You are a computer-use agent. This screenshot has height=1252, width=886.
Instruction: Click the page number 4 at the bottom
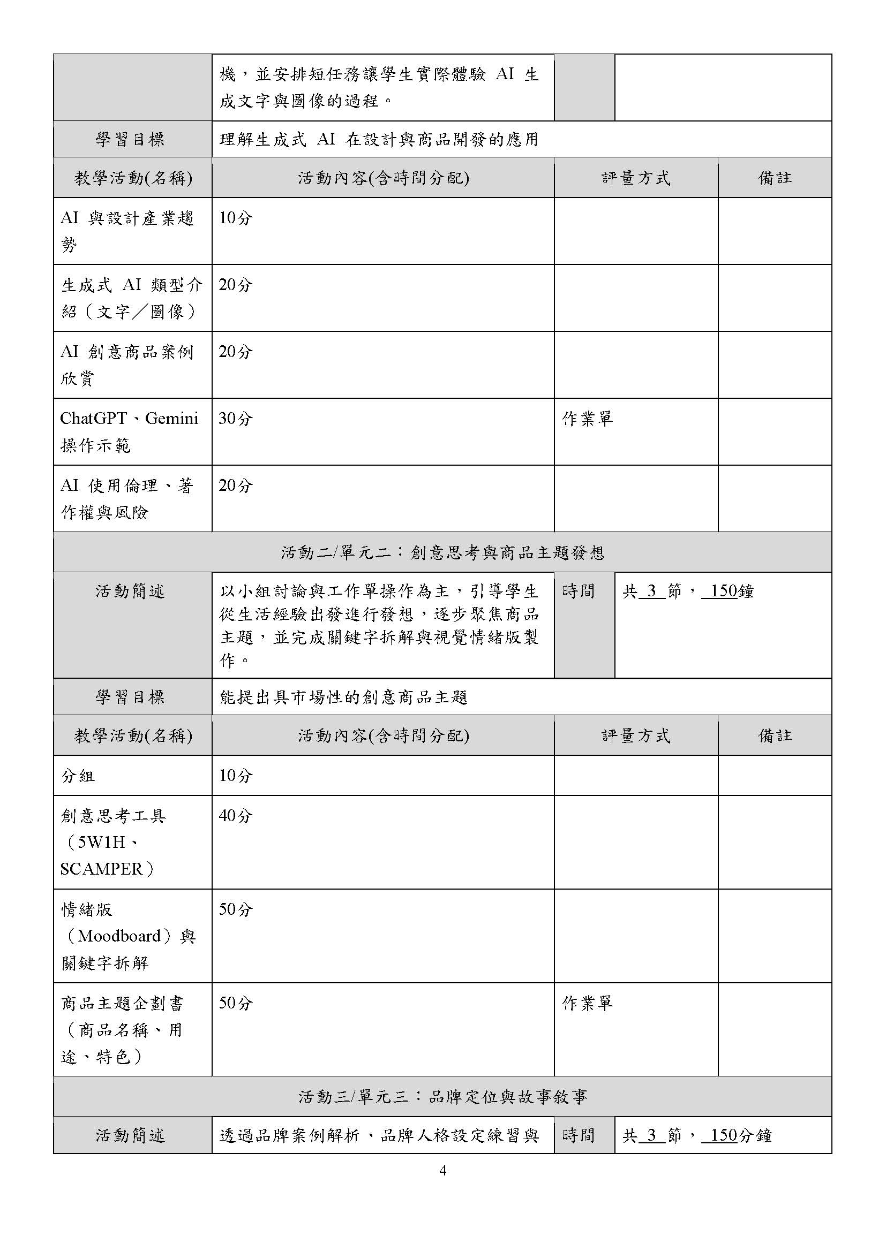442,1171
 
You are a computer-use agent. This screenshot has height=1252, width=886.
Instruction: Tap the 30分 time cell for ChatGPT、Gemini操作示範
236,419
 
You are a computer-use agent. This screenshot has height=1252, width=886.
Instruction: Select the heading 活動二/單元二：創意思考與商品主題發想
442,553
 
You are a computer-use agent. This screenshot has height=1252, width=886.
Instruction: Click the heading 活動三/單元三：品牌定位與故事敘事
442,1097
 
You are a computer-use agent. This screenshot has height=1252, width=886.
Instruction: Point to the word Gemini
171,419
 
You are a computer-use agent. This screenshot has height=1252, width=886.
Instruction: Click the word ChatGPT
93,419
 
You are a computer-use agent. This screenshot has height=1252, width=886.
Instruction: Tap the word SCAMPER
101,869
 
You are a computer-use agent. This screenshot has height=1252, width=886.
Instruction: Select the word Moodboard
119,936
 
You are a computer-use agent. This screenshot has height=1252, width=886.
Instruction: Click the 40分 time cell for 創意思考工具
236,816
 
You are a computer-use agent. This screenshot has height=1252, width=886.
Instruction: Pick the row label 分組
78,776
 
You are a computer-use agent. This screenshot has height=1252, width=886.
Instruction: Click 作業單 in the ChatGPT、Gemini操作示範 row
588,419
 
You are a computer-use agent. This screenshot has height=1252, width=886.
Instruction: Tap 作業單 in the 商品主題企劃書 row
588,1003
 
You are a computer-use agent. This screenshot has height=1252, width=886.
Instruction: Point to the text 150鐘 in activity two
728,591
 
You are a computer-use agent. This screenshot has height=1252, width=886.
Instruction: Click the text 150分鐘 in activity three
737,1136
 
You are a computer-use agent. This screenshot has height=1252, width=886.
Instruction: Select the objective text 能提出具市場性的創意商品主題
344,697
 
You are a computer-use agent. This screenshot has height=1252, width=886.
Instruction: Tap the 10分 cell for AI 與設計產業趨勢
236,218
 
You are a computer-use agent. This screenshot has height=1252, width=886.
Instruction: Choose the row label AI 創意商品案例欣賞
126,365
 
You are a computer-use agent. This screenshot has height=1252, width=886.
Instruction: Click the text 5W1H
101,843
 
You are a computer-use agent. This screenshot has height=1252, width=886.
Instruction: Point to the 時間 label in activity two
578,591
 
